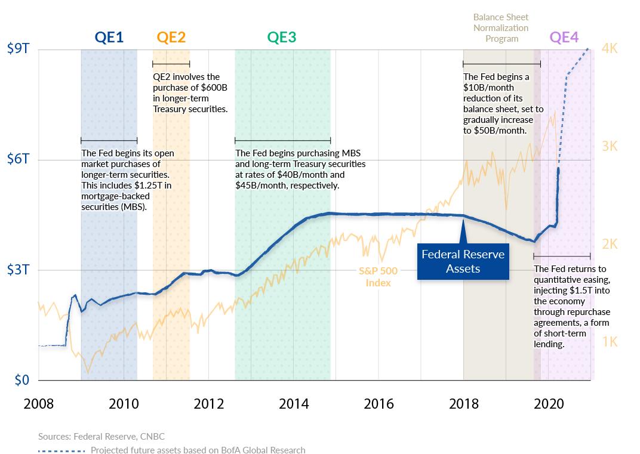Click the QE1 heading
pyautogui.click(x=109, y=38)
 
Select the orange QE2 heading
pyautogui.click(x=171, y=38)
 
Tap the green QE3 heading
pyautogui.click(x=282, y=38)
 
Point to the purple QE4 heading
pyautogui.click(x=564, y=38)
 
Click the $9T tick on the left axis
pyautogui.click(x=18, y=50)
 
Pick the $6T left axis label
pyautogui.click(x=18, y=160)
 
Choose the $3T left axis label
pyautogui.click(x=18, y=270)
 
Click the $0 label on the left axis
pyautogui.click(x=21, y=380)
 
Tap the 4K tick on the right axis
pyautogui.click(x=610, y=49)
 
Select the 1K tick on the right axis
pyautogui.click(x=610, y=342)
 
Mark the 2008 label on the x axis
pyautogui.click(x=38, y=404)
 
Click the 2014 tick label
pyautogui.click(x=294, y=404)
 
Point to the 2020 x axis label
pyautogui.click(x=549, y=404)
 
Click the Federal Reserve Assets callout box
pyautogui.click(x=463, y=261)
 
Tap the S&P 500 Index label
pyautogui.click(x=378, y=277)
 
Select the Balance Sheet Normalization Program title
pyautogui.click(x=501, y=28)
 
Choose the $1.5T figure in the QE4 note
pyautogui.click(x=574, y=291)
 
